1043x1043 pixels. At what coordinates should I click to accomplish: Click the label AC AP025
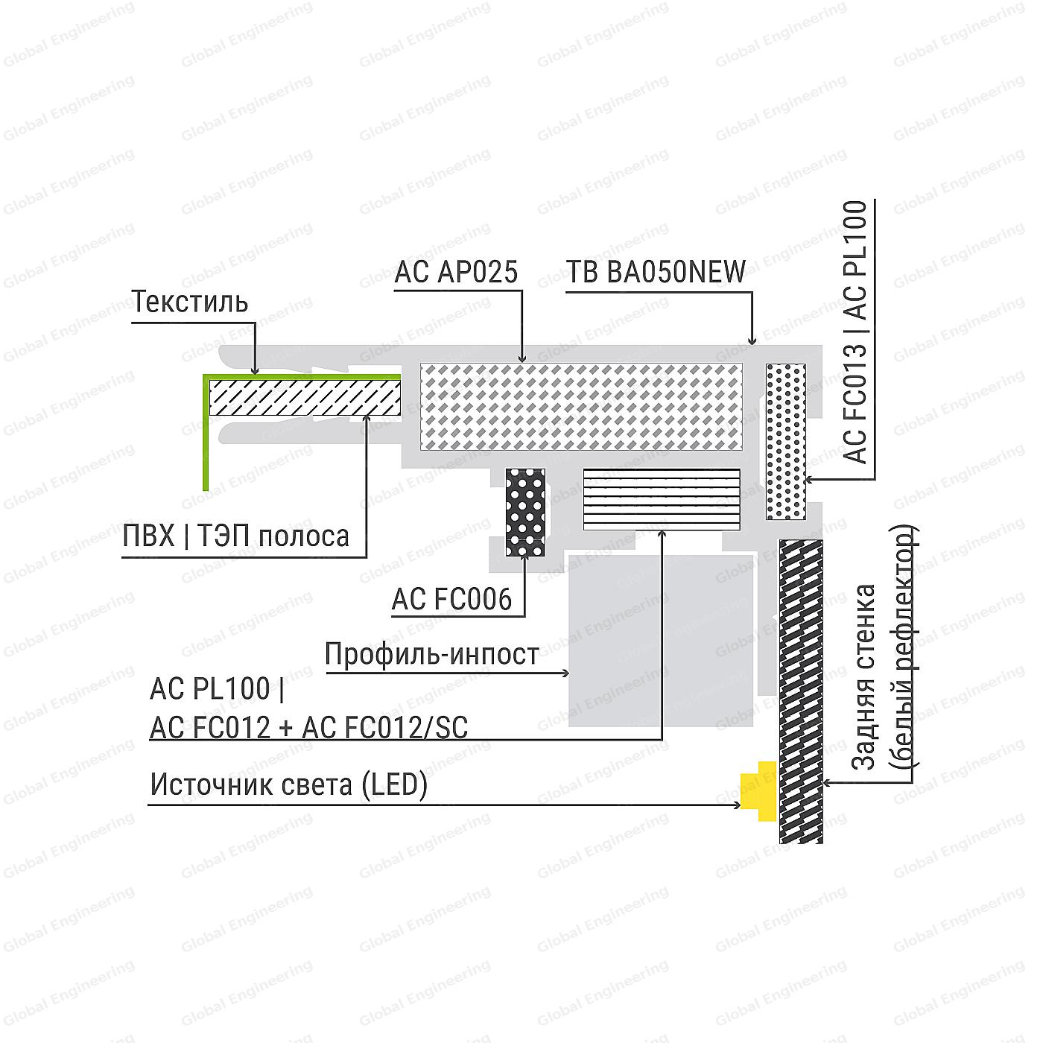pos(456,272)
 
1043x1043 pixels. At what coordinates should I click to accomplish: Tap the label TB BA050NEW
pos(656,272)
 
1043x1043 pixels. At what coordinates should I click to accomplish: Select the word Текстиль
pos(191,302)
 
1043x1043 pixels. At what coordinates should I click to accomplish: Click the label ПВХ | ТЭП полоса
pos(236,536)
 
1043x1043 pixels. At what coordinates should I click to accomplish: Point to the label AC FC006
pos(452,599)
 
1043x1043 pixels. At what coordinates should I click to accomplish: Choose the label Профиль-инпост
pos(432,654)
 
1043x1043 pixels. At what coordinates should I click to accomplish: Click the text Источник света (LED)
pos(289,785)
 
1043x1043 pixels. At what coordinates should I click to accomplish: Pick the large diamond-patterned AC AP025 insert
pos(581,407)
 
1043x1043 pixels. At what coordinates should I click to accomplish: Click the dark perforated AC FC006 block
pos(525,512)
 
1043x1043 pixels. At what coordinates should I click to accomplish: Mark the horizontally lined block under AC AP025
pos(662,499)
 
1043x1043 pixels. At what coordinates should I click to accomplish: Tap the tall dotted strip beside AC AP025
pos(786,441)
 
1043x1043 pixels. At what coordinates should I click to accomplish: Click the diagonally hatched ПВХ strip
pos(305,397)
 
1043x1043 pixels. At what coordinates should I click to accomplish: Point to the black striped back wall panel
pos(801,691)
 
